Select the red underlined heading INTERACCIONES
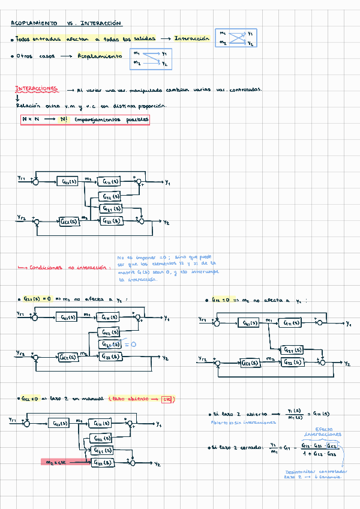37,89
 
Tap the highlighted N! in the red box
64,119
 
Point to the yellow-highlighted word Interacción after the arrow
192,38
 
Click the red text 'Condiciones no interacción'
66,268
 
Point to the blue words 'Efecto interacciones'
323,432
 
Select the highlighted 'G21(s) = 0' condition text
37,299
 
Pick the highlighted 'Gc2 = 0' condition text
30,399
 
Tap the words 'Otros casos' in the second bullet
35,56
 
